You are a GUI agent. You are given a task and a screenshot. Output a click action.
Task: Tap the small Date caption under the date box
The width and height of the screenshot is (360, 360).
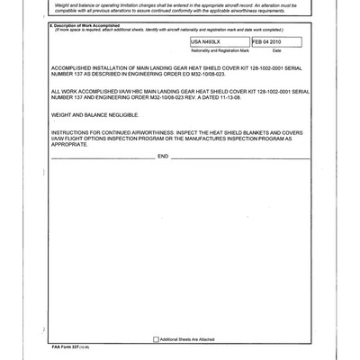(x=278, y=52)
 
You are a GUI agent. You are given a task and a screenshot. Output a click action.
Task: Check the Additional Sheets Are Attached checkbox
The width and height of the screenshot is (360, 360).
(x=155, y=339)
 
